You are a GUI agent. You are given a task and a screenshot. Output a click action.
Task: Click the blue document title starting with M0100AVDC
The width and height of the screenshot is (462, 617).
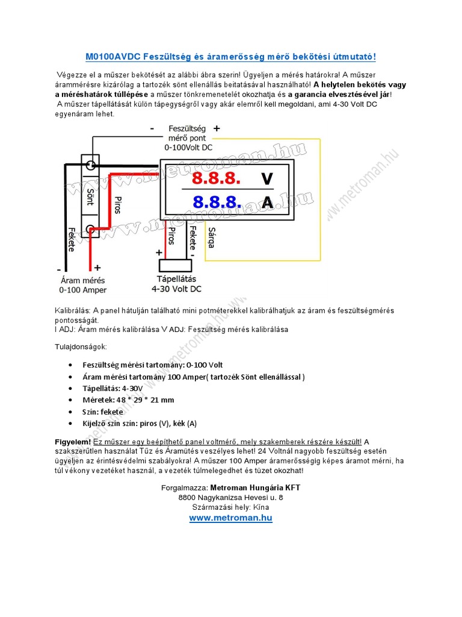coord(230,57)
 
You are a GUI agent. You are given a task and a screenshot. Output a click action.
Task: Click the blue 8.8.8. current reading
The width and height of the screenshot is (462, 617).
coord(217,202)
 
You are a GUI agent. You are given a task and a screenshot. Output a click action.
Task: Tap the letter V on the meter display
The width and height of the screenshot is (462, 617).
coord(267,179)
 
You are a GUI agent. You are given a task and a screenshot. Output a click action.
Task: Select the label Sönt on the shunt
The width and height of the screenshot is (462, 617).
coord(90,196)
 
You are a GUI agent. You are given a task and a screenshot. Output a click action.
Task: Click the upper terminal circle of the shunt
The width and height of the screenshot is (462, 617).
coord(91,165)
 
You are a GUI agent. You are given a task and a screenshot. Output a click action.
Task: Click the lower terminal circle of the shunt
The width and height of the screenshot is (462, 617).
coord(91,229)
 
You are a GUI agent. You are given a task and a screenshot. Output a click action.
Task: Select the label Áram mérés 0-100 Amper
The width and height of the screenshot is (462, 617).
coord(84,285)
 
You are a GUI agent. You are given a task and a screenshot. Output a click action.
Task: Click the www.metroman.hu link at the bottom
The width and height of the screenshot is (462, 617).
coord(231,518)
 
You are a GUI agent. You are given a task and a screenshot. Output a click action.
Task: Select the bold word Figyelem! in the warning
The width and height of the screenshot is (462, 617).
coord(73,442)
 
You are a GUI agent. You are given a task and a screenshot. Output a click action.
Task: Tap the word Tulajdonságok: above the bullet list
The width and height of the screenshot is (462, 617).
coord(81,347)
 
